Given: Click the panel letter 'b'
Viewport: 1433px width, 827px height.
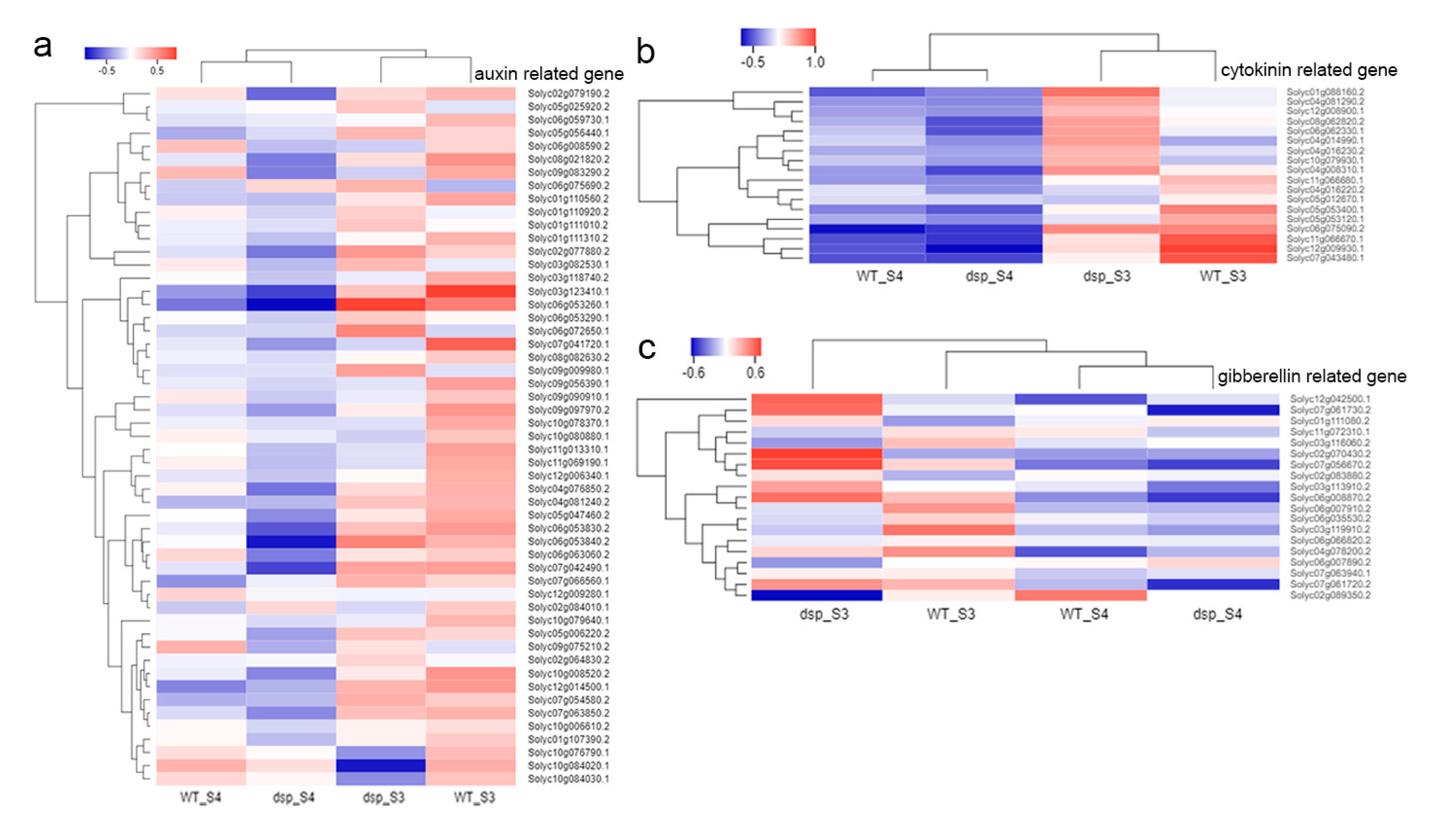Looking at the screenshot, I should (646, 51).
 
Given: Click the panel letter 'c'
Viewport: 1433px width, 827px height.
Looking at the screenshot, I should (647, 348).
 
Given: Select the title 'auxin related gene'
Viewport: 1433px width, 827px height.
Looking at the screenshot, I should (549, 74).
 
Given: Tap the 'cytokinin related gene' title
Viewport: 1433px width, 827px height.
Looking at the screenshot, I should (1309, 70).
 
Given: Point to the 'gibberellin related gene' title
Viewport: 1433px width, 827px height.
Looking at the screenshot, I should (1312, 376).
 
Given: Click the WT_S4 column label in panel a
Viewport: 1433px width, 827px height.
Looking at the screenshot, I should (200, 797).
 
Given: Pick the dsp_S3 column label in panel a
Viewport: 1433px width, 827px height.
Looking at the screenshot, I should (383, 797).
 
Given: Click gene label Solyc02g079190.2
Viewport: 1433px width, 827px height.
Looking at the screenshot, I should (568, 93).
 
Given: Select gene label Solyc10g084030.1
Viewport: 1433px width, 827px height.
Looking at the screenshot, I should (568, 779).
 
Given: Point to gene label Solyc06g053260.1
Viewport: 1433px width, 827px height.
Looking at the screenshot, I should (568, 304).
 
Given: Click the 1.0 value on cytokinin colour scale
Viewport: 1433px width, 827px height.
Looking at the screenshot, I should (815, 62).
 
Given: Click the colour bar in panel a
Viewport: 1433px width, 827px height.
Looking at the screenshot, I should (131, 53).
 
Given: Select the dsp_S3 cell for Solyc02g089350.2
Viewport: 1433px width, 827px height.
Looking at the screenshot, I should (816, 595).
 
